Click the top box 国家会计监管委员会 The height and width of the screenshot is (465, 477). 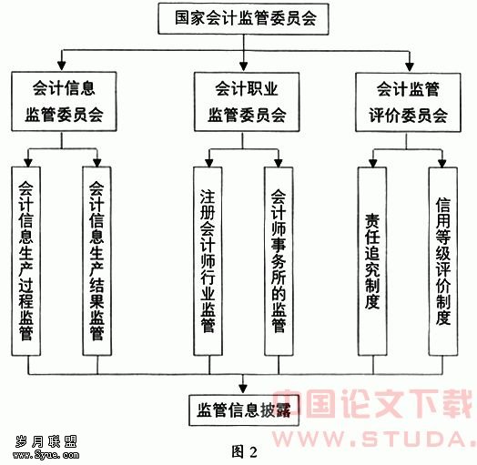coord(243,18)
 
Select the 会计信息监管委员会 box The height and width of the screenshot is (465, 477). coord(64,102)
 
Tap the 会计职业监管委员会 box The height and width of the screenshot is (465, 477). coord(247,102)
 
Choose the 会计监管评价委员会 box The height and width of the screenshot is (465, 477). coord(408,102)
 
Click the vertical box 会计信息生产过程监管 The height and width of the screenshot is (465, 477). coord(25,261)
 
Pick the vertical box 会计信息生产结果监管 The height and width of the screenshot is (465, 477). coord(97,261)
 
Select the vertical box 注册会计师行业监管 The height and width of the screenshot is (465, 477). coord(208,261)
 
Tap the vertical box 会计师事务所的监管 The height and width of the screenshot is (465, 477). coord(279,261)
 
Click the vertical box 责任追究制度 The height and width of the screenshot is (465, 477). coord(372,261)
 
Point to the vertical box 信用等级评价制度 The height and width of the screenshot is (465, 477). coord(443,261)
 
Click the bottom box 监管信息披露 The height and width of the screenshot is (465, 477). coord(244,410)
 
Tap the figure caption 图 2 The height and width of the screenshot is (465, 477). coord(244,451)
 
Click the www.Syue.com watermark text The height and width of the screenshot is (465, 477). coord(46,455)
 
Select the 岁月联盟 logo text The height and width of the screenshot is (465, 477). coord(46,441)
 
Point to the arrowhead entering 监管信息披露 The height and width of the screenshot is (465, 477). coord(243,389)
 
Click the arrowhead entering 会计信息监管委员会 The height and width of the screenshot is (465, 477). coord(62,66)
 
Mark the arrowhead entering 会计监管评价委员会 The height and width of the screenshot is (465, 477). coord(410,66)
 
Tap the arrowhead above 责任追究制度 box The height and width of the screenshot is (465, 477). coord(373,163)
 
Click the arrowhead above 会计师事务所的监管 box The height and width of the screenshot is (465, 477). coord(279,163)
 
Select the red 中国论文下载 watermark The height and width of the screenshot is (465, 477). coord(373,403)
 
